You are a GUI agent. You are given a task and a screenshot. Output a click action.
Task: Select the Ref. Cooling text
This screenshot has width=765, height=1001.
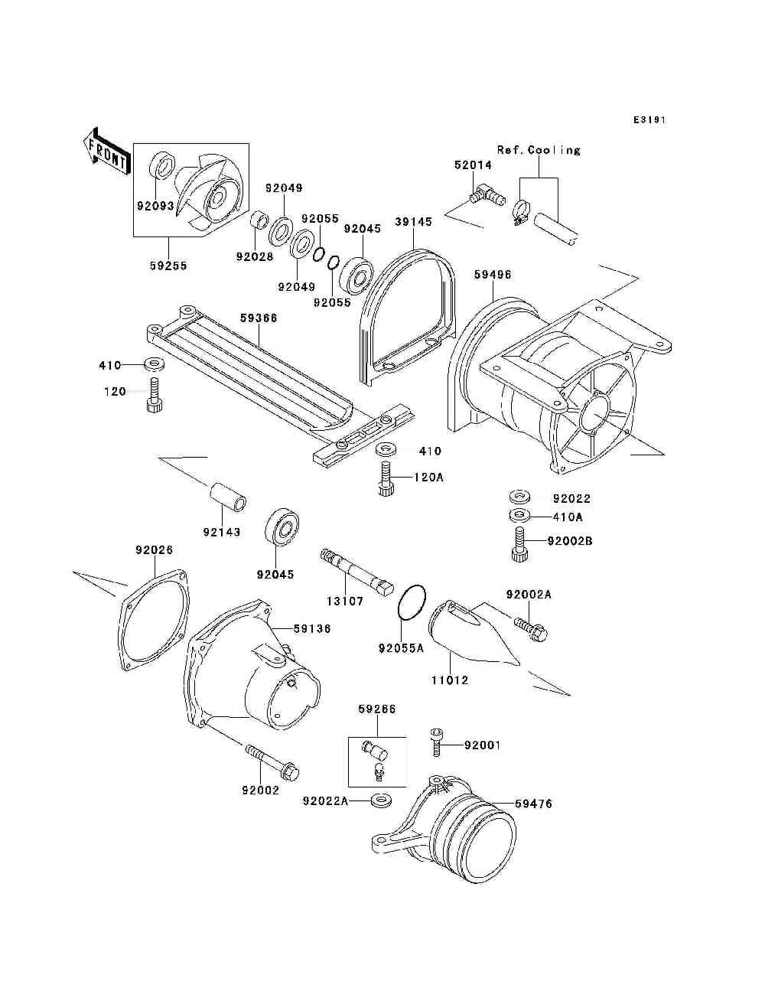pyautogui.click(x=539, y=150)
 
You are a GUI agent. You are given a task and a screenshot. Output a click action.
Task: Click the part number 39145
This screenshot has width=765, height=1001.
pyautogui.click(x=413, y=222)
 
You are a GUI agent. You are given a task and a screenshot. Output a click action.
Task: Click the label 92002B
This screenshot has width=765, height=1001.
pyautogui.click(x=570, y=541)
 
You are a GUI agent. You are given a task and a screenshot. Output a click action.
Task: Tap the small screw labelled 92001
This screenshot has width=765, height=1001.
pyautogui.click(x=437, y=741)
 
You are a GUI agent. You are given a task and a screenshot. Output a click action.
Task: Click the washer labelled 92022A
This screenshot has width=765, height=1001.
pyautogui.click(x=379, y=800)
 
